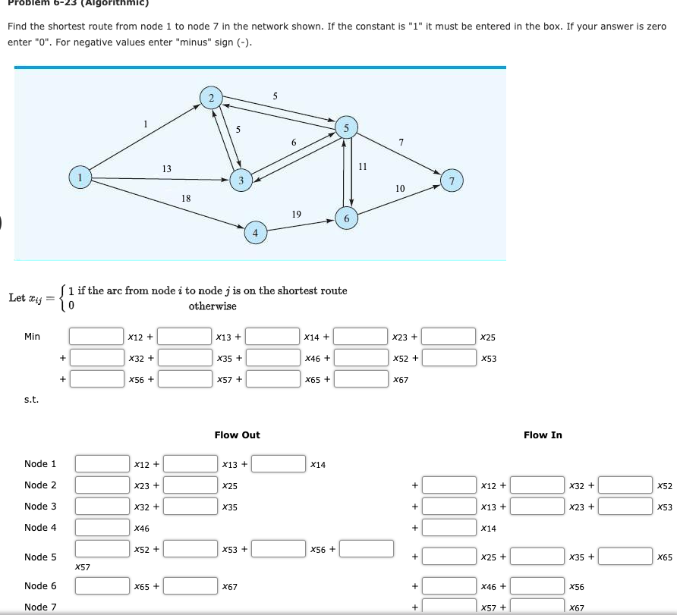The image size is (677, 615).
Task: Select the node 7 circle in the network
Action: [452, 180]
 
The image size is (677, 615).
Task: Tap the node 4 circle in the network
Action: [256, 232]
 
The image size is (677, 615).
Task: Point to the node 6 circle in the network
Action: [346, 218]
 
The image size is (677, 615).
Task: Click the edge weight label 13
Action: [166, 168]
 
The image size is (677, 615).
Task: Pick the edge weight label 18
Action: [186, 198]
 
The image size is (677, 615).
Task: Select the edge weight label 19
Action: [296, 215]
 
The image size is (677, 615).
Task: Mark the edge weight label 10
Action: [400, 187]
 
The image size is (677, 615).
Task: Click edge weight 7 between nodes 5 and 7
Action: [401, 142]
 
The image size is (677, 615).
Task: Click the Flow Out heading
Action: [237, 435]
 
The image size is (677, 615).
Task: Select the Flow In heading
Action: [543, 435]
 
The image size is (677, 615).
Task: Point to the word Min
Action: [32, 336]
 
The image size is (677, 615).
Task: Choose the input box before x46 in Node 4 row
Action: [102, 527]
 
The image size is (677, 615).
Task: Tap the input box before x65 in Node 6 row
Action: [102, 586]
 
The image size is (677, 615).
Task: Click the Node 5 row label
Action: [40, 557]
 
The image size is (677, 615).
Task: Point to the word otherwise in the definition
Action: [213, 306]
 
